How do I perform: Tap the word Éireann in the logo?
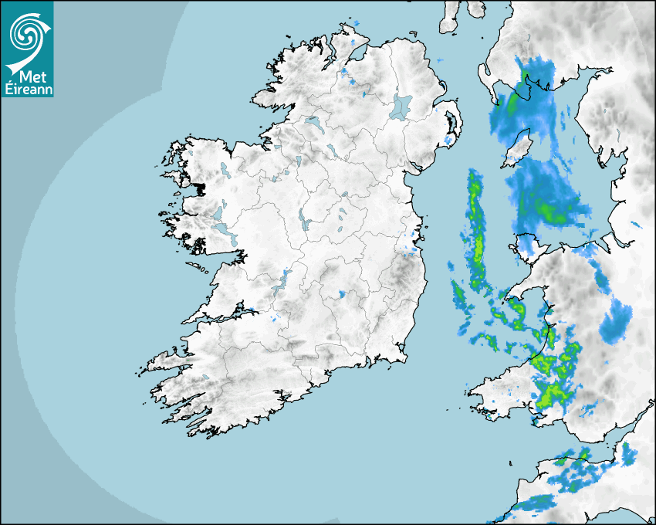pos(27,88)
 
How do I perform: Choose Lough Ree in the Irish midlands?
pos(305,221)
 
